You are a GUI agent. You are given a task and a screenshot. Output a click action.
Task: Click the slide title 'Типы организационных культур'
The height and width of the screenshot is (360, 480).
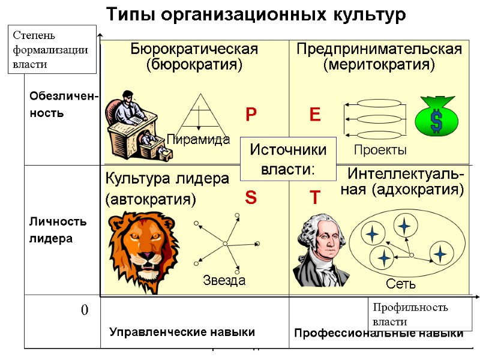pyautogui.click(x=256, y=14)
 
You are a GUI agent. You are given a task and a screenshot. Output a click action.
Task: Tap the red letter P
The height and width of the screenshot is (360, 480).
pyautogui.click(x=251, y=115)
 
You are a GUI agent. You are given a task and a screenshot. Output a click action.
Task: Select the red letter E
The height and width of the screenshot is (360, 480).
pyautogui.click(x=315, y=115)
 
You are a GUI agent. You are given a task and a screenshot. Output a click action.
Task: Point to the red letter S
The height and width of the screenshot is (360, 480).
pyautogui.click(x=251, y=197)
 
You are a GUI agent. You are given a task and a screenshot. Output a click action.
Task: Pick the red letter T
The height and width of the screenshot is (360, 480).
pyautogui.click(x=315, y=197)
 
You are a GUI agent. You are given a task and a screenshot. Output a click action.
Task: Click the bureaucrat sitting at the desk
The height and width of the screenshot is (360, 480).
pyautogui.click(x=135, y=125)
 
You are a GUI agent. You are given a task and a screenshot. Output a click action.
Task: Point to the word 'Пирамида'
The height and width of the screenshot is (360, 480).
pyautogui.click(x=199, y=140)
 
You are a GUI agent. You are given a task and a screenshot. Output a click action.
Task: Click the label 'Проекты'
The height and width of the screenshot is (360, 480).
pyautogui.click(x=380, y=149)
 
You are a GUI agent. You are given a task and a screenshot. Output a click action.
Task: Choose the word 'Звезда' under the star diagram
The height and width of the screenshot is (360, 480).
pyautogui.click(x=224, y=280)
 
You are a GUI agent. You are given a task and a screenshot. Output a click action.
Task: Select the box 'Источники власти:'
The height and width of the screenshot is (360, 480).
pyautogui.click(x=288, y=159)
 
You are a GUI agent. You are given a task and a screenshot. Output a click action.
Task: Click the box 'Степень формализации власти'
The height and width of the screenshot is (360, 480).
pyautogui.click(x=52, y=49)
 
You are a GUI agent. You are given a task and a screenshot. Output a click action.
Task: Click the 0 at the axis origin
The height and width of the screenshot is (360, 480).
pyautogui.click(x=85, y=310)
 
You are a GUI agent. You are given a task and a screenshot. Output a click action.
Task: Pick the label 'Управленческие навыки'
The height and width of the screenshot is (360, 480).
pyautogui.click(x=182, y=332)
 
